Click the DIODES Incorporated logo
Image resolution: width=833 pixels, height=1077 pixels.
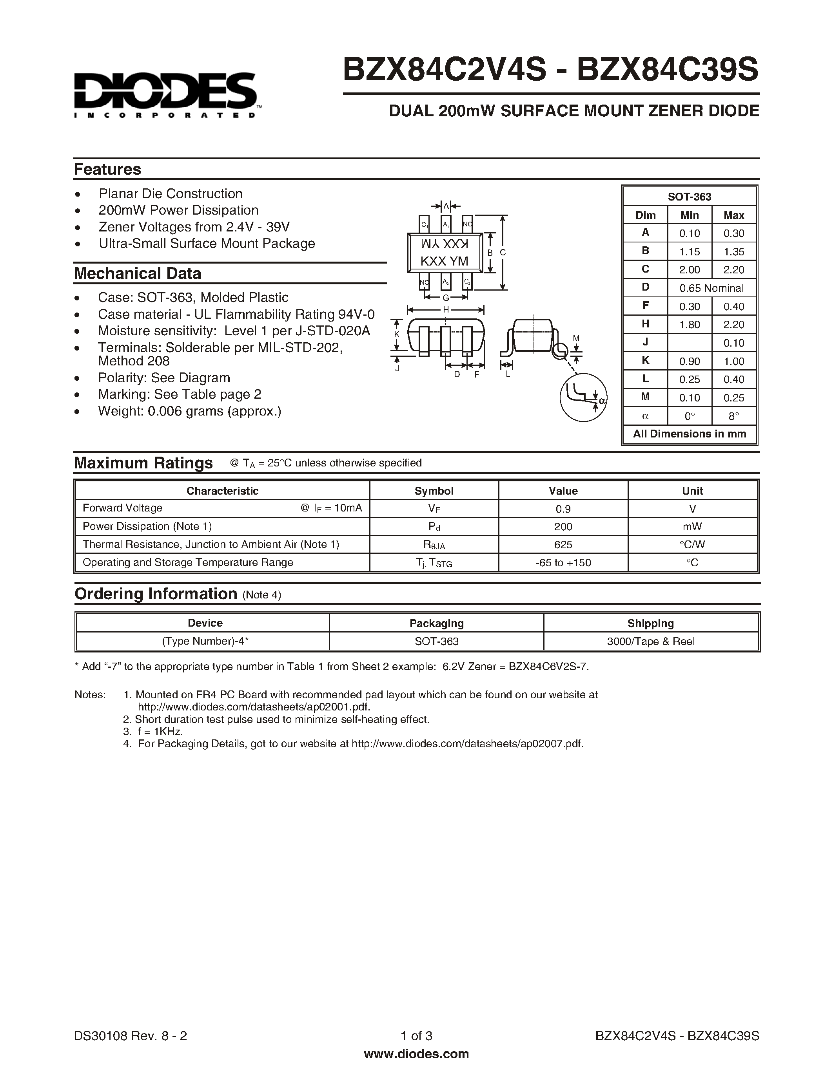coord(165,95)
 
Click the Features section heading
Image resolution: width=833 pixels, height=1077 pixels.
coord(107,169)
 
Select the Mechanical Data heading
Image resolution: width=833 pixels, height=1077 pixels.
coord(137,273)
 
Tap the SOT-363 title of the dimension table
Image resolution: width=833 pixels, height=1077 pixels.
coord(690,197)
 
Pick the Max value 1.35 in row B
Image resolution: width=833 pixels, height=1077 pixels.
coord(734,251)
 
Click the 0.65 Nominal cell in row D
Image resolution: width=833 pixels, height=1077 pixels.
coord(711,288)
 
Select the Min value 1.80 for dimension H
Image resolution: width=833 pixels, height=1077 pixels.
coord(690,325)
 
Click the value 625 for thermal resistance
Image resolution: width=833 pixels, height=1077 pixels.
coord(563,544)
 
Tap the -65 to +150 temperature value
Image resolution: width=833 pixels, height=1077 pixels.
coord(563,563)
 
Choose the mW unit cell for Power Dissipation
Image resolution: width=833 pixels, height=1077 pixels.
coord(692,527)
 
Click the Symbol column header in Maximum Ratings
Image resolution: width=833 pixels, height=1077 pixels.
coord(434,491)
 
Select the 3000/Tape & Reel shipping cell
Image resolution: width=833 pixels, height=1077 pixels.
coord(650,642)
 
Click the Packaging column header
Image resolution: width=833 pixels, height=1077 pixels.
coord(436,623)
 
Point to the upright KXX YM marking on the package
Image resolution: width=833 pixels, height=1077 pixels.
coord(444,261)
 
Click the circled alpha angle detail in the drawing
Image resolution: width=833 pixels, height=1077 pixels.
coord(583,397)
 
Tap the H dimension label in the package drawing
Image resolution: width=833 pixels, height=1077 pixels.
coord(446,310)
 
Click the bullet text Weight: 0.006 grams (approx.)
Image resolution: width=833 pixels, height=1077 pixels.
coord(189,411)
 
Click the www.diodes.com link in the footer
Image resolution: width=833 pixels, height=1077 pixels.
coord(416,1054)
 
